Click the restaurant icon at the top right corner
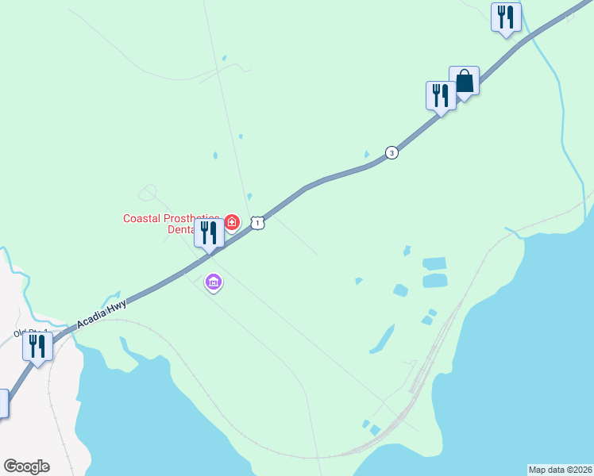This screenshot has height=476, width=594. tap(506, 17)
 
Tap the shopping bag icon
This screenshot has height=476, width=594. tap(464, 81)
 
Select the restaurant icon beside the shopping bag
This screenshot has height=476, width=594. tap(441, 96)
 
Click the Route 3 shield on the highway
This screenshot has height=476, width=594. tap(391, 152)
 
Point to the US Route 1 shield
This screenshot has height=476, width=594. tap(257, 223)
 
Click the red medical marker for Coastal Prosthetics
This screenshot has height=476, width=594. tap(232, 221)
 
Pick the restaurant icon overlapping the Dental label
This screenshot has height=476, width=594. tap(209, 233)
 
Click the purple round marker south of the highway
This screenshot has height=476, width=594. tap(213, 282)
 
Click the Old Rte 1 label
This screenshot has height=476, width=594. tap(30, 332)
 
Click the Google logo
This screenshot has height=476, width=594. tap(26, 466)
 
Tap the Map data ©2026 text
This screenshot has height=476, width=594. tap(560, 470)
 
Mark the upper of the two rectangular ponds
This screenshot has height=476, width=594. tap(434, 263)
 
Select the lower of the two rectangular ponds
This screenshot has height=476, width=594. tap(434, 280)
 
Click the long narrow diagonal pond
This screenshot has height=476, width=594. tap(382, 340)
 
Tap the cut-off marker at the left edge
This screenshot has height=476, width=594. tap(3, 403)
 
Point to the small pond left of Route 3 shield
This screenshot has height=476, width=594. tap(366, 154)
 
